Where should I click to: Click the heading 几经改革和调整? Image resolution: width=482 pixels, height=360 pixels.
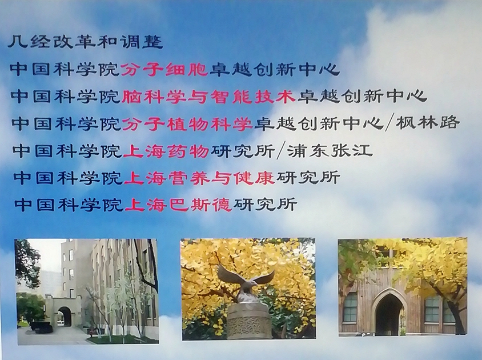coord(85,42)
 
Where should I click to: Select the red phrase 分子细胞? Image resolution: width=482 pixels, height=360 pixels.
coord(165,69)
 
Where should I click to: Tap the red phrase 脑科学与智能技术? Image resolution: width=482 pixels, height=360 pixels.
coord(208,96)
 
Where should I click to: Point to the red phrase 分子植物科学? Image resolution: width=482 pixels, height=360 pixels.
coord(187,123)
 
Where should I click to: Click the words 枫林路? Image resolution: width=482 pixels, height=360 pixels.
coord(428,123)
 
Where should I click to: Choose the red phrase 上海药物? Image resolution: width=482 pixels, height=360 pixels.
coord(166,151)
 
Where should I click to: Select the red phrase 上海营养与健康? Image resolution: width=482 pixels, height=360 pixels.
coord(199,178)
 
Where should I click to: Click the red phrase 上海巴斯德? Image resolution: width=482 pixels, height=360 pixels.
coord(178,205)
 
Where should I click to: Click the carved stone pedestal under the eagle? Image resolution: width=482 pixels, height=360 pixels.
coord(249,321)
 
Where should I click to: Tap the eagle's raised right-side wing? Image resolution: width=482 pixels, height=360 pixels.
coord(264,277)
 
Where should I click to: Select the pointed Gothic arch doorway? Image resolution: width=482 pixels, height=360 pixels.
coord(389,313)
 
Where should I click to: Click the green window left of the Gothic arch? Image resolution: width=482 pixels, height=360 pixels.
coord(350,307)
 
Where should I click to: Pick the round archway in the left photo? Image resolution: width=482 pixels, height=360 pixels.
coord(65,317)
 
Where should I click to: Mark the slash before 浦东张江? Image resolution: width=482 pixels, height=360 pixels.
coord(280,151)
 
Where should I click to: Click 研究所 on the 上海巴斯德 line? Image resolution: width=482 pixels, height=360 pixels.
coord(265,205)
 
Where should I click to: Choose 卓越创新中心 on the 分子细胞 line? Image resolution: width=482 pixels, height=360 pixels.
coord(275,69)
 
